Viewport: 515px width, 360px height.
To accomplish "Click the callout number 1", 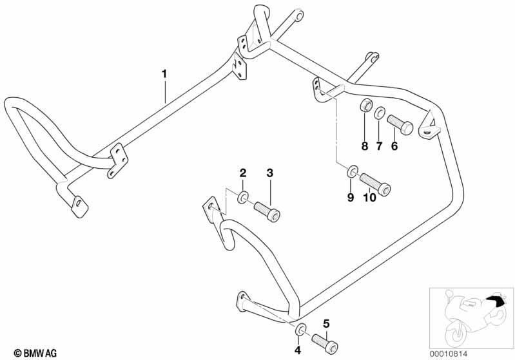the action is (x=164, y=74).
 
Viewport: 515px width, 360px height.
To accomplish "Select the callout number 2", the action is (x=243, y=173).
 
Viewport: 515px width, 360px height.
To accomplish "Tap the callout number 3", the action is (x=269, y=173).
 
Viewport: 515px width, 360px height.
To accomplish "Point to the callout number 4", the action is (x=298, y=350).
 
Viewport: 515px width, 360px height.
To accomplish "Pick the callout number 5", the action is (x=326, y=324).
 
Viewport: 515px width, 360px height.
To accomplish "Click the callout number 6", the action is (x=394, y=146).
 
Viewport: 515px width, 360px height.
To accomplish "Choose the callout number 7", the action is (x=380, y=146).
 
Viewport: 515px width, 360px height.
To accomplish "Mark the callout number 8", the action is (x=365, y=146).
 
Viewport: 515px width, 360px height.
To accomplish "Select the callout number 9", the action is (x=351, y=197).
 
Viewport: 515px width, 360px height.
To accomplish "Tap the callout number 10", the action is (x=369, y=197).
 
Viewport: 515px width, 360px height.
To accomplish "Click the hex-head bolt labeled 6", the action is (x=400, y=124).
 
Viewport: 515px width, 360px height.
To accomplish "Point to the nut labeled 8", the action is (x=366, y=106).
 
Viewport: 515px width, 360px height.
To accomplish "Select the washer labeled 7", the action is (x=380, y=113).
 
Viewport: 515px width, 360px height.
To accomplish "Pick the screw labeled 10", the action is (x=375, y=184).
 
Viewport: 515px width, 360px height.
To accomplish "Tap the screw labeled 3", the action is (x=267, y=212).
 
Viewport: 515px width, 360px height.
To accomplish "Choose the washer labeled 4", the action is (x=300, y=330).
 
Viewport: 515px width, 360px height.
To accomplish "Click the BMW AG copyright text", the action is (x=35, y=353).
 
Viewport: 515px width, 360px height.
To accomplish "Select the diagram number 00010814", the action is (x=449, y=354).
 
